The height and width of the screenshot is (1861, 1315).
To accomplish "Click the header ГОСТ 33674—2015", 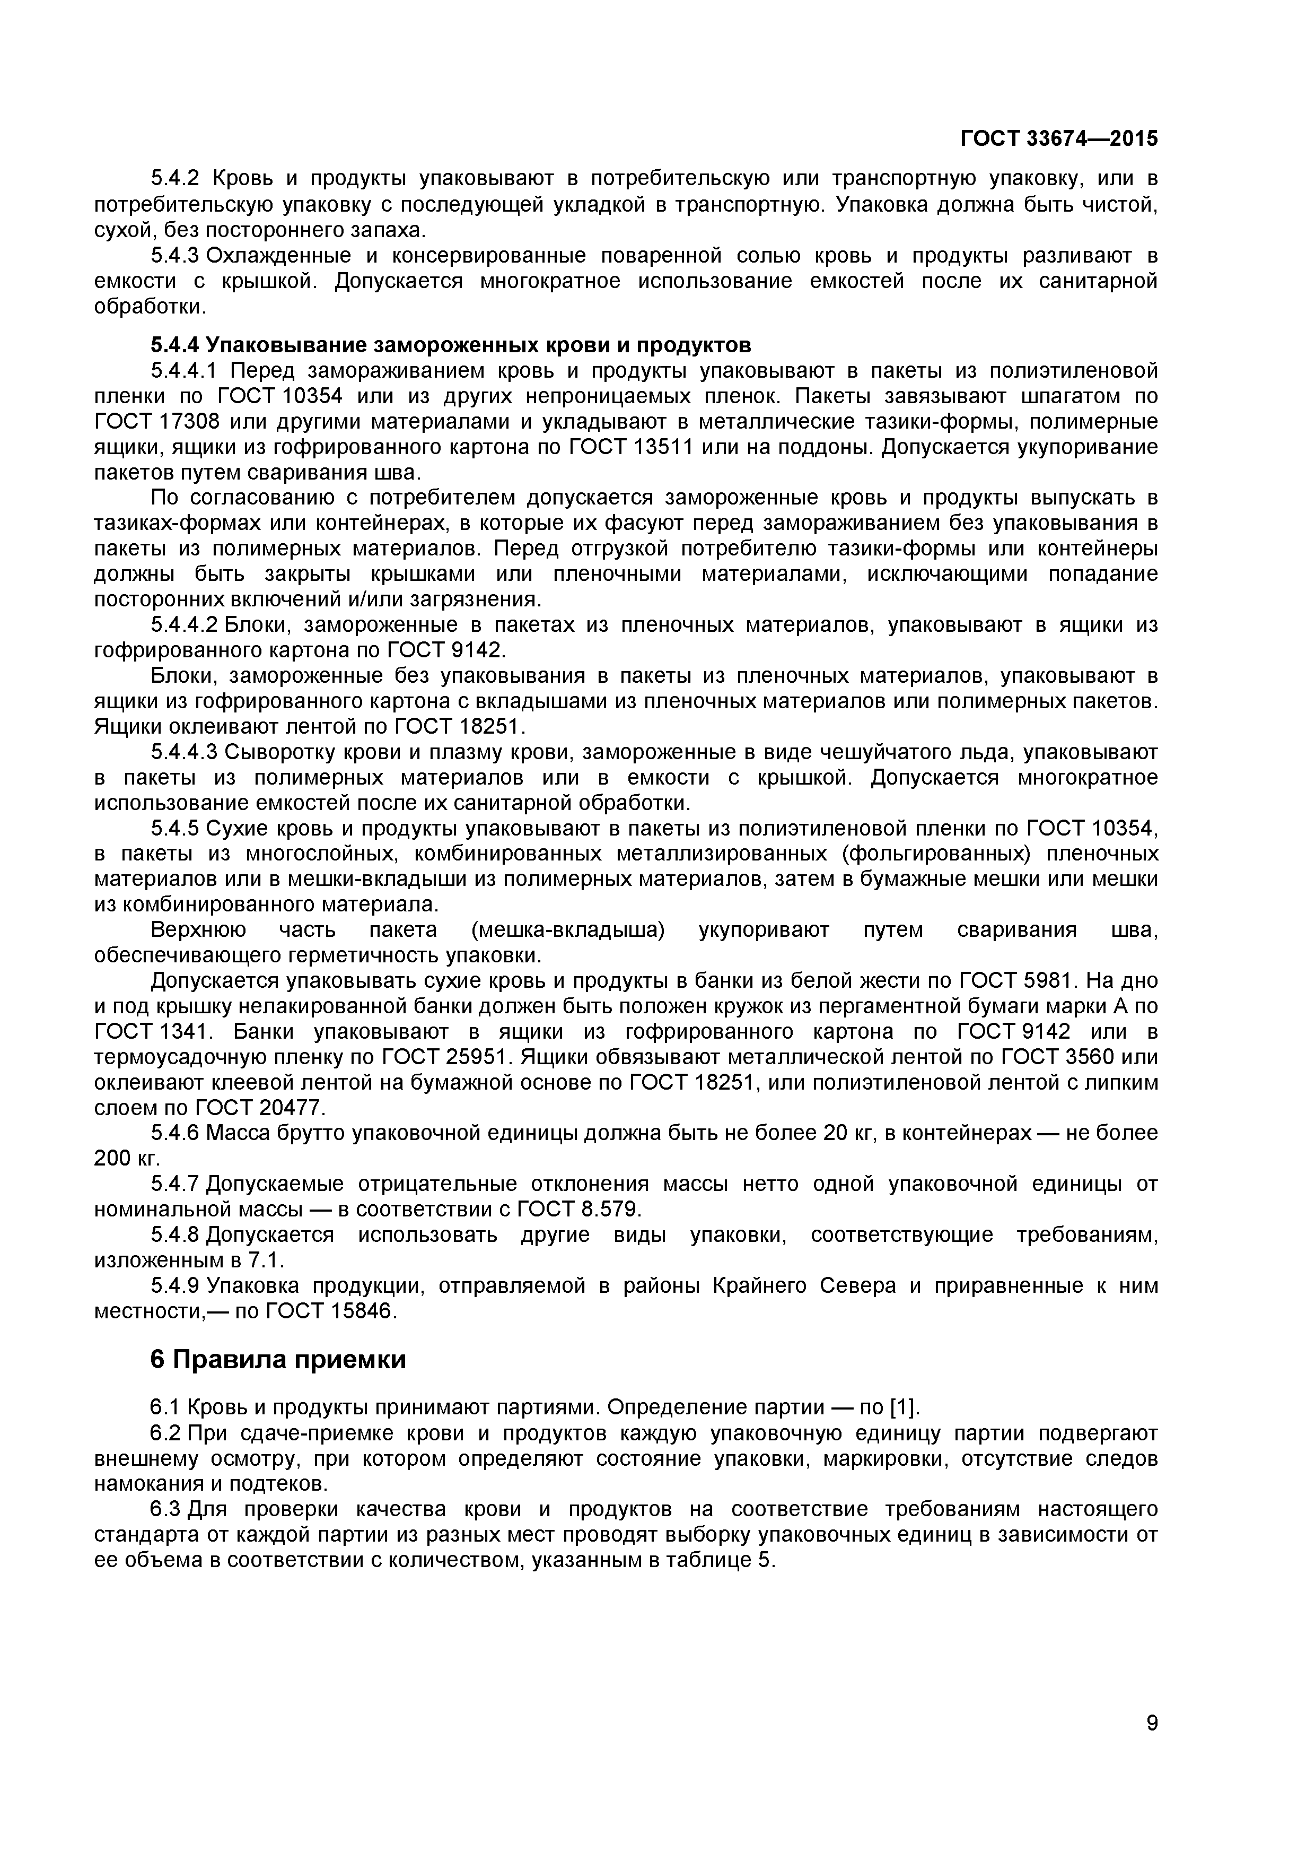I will [1059, 138].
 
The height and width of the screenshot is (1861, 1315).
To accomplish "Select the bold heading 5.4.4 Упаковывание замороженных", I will [451, 345].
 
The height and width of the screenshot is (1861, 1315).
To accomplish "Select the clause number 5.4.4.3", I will [185, 752].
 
